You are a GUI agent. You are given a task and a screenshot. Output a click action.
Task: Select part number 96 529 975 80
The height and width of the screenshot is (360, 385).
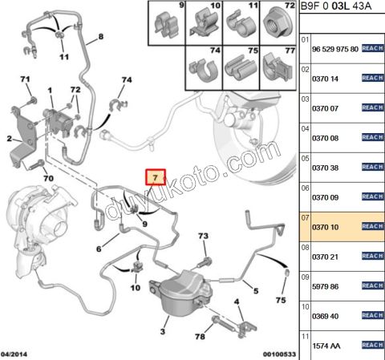point(334,48)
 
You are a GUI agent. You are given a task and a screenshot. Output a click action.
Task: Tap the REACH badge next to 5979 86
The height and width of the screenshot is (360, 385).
point(374,286)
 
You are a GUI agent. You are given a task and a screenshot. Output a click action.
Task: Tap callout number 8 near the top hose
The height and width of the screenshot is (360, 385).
point(101,38)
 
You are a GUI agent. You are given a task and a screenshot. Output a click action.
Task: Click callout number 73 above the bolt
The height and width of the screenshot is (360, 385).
point(203,237)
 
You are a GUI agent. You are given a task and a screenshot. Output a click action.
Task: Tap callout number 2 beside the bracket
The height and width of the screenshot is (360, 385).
point(9,139)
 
